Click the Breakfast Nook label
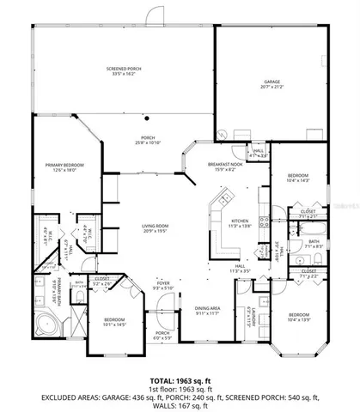[224, 167]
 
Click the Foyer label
[162, 284]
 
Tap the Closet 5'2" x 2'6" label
[102, 280]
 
